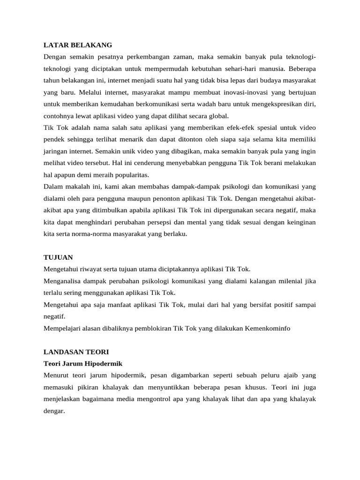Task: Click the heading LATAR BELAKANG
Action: tap(77, 45)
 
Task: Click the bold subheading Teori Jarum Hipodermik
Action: tap(82, 363)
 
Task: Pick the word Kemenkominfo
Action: tap(267, 328)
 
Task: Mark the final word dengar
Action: tap(53, 411)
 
